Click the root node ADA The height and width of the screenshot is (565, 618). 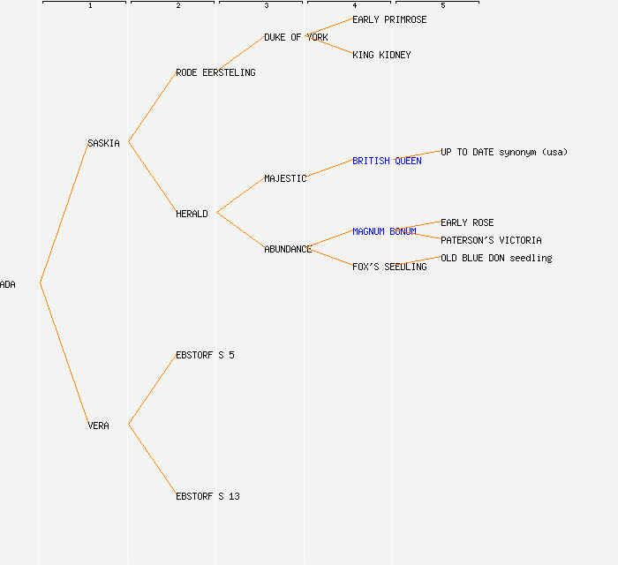point(8,284)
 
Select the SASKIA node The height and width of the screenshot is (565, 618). point(103,143)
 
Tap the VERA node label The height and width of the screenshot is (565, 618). point(98,426)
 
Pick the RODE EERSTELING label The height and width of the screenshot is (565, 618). point(215,72)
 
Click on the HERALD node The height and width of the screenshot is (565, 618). point(192,214)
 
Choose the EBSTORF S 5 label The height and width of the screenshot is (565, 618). point(205,355)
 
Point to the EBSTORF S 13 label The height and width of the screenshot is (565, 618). point(207,496)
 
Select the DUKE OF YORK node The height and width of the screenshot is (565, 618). point(296,37)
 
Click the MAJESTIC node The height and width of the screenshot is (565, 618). point(285,178)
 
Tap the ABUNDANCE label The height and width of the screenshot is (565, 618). point(288,249)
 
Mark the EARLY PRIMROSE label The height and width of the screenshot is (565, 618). point(389,19)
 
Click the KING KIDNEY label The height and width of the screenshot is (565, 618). point(381,55)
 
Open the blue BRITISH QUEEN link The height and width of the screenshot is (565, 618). point(387,161)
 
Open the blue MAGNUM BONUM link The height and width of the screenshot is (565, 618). point(384,231)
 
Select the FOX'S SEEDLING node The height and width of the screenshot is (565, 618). point(389,267)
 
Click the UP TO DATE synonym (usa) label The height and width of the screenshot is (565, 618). point(504,152)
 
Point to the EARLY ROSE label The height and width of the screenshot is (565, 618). point(467,222)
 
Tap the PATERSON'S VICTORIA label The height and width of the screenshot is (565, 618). point(491,240)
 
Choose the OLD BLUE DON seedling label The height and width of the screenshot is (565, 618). point(496,258)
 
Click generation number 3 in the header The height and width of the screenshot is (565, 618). point(266,6)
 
